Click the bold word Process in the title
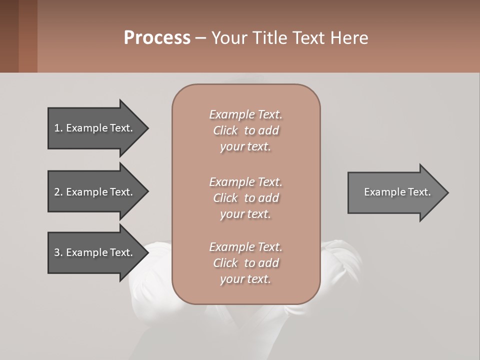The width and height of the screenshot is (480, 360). (x=157, y=38)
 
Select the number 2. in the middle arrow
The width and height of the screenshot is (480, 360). (x=58, y=192)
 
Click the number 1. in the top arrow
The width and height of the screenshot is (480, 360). (x=58, y=128)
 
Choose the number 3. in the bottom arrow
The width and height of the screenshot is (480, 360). (x=58, y=252)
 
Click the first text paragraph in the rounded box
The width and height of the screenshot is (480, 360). (x=245, y=130)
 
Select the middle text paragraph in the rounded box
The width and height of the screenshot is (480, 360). (x=245, y=198)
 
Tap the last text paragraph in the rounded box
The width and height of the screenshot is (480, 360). (x=245, y=263)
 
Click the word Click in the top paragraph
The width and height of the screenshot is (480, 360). (x=225, y=130)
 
